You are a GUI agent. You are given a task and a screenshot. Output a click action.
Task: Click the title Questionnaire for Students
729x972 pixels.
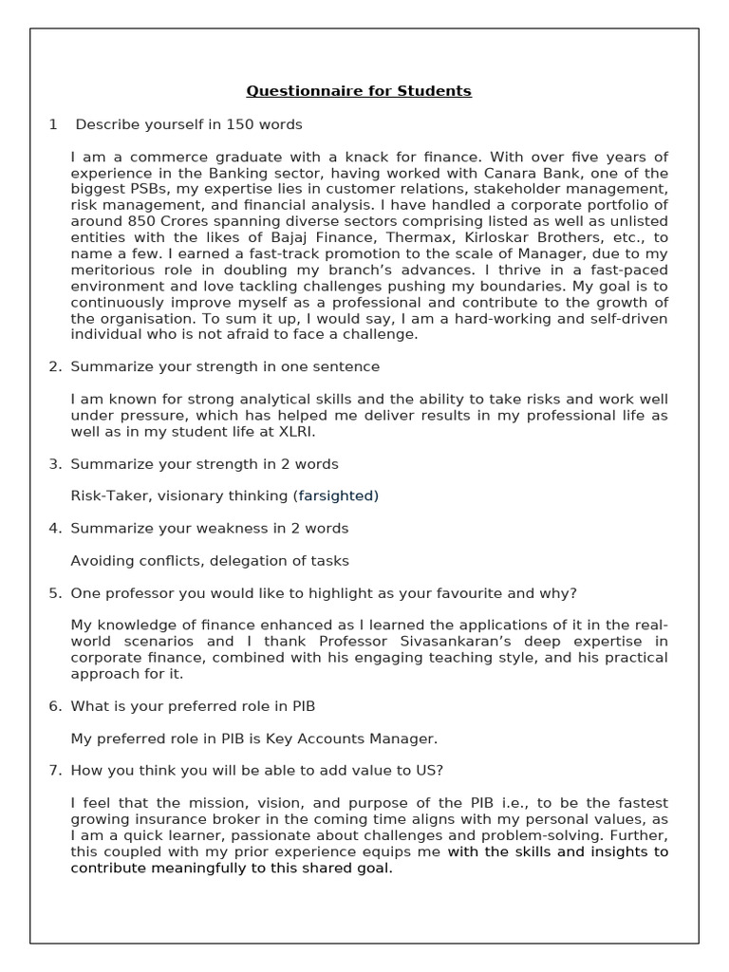[359, 91]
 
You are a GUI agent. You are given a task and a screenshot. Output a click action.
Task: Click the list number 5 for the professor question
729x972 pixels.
[55, 593]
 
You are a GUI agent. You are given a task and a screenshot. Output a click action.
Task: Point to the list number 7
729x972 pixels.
[55, 770]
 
